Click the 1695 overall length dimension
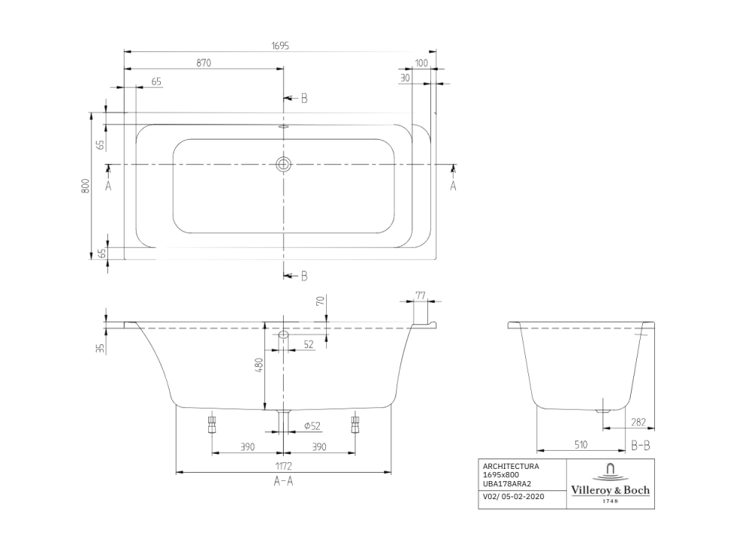(x=280, y=46)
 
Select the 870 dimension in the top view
(x=204, y=63)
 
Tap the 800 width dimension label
(x=85, y=186)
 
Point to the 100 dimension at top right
(x=421, y=63)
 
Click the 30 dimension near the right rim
(x=405, y=78)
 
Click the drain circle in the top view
(x=283, y=164)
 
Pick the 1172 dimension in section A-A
(x=284, y=466)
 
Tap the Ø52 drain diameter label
(x=312, y=426)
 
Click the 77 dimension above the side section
(x=420, y=295)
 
